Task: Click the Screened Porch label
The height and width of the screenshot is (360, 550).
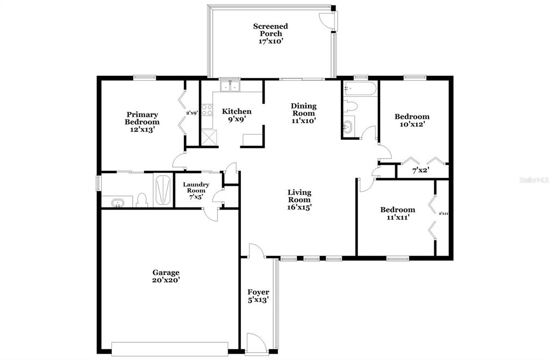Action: pyautogui.click(x=270, y=30)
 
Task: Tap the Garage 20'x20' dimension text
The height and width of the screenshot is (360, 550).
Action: pyautogui.click(x=166, y=280)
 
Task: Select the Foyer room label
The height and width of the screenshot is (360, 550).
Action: pyautogui.click(x=259, y=292)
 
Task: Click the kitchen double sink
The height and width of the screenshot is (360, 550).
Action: pyautogui.click(x=230, y=85)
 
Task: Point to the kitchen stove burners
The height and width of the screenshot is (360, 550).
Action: pyautogui.click(x=207, y=110)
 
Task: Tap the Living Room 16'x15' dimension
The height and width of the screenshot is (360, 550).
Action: pyautogui.click(x=299, y=207)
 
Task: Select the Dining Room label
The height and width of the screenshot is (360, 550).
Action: pyautogui.click(x=304, y=110)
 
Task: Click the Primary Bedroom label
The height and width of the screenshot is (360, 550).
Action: pyautogui.click(x=142, y=118)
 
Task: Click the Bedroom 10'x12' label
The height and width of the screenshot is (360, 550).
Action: pyautogui.click(x=412, y=120)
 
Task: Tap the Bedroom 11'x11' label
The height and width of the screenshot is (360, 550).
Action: pyautogui.click(x=398, y=213)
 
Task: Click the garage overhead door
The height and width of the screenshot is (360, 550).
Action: pyautogui.click(x=170, y=348)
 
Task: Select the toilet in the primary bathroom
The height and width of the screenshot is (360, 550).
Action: pyautogui.click(x=142, y=200)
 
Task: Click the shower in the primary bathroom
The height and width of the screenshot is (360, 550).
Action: pyautogui.click(x=162, y=190)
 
